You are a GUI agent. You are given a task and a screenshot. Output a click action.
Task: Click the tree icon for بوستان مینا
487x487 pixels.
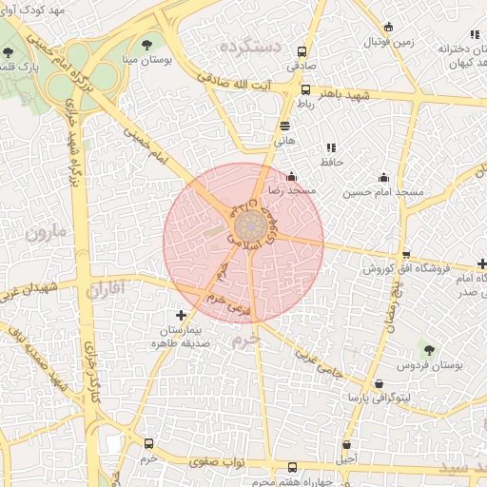click(146, 44)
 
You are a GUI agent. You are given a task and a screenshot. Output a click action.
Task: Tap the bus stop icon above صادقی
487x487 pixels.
click(302, 52)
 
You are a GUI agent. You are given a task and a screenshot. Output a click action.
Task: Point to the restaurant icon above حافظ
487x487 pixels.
click(330, 147)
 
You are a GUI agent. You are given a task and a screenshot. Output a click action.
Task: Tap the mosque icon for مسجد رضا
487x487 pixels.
click(291, 176)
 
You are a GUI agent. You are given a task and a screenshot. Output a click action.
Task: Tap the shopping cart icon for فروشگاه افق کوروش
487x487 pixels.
click(406, 254)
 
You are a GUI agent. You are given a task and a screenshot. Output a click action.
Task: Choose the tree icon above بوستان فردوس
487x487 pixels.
click(428, 351)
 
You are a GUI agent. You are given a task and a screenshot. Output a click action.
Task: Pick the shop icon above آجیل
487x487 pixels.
click(346, 444)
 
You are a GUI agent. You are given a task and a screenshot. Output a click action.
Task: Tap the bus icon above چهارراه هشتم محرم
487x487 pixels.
click(292, 467)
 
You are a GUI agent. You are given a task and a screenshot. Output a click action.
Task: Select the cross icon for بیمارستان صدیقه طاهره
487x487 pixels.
click(182, 315)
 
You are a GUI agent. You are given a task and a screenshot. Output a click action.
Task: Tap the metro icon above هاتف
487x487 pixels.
click(284, 126)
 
